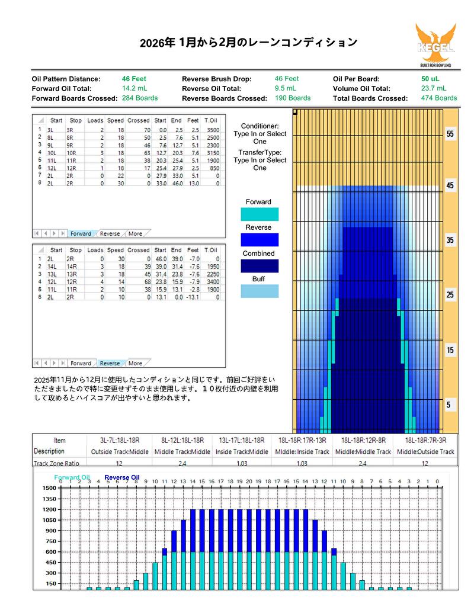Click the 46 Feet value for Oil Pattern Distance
click(x=134, y=79)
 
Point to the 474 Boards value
click(x=438, y=98)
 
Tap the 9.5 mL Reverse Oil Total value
click(x=286, y=89)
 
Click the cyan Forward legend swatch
click(x=259, y=214)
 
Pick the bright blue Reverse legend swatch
click(x=259, y=240)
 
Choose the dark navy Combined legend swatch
click(x=259, y=266)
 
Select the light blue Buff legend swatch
click(x=259, y=291)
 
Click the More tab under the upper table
click(x=136, y=234)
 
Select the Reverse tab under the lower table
click(x=110, y=363)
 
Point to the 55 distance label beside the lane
click(x=450, y=134)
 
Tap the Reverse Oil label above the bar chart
click(x=122, y=477)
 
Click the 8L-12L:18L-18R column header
click(x=182, y=441)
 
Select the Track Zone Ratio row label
click(x=56, y=464)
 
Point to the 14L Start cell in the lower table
click(x=56, y=267)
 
